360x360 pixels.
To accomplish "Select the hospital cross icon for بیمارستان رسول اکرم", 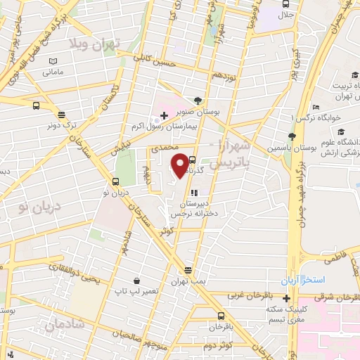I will (164, 115).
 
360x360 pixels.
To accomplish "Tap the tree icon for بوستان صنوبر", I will (198, 101).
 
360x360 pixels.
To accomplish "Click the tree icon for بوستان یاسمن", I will (292, 136).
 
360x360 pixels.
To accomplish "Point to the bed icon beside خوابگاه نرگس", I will (316, 108).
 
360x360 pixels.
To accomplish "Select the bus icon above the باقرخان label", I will (221, 316).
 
